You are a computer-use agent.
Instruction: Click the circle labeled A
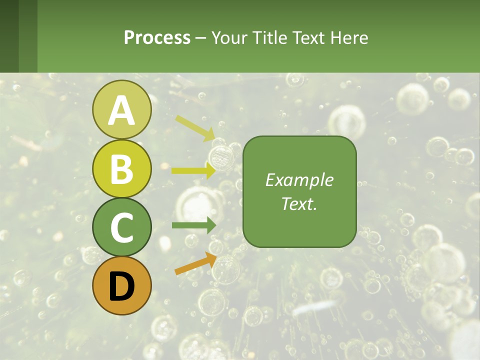click(x=121, y=110)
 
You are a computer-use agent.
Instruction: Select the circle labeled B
click(x=121, y=169)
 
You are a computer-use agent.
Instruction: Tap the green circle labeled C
click(x=121, y=227)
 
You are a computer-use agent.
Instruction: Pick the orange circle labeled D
click(x=121, y=286)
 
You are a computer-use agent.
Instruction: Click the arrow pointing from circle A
click(x=195, y=128)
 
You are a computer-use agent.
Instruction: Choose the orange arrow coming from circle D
click(x=195, y=264)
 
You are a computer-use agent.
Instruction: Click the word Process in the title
click(x=157, y=38)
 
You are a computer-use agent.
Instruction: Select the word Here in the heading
click(x=349, y=38)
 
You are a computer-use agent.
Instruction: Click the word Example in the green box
click(x=299, y=180)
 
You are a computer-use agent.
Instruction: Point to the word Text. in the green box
click(x=299, y=203)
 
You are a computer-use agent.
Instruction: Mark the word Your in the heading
click(x=229, y=38)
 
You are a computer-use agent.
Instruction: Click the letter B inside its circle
click(x=121, y=169)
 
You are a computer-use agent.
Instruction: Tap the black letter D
click(x=121, y=286)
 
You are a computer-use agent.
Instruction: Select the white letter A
click(x=121, y=110)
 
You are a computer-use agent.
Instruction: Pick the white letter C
click(x=121, y=228)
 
